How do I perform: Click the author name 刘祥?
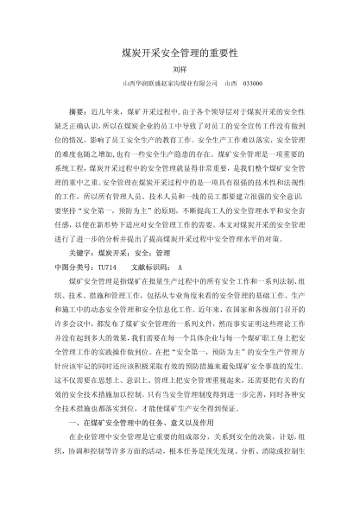(180, 70)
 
